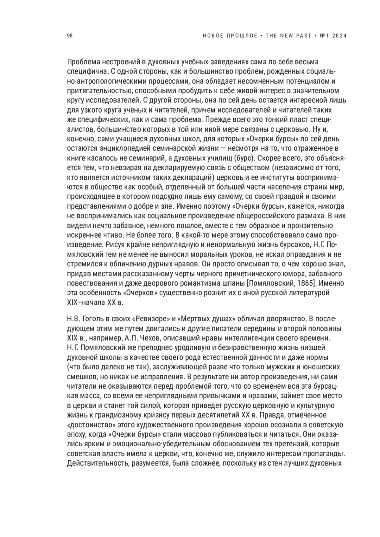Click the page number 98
tap(70, 36)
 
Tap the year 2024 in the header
tap(340, 36)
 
